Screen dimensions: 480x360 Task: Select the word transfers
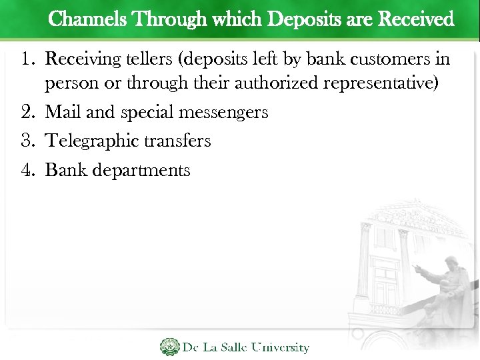[181, 141]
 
